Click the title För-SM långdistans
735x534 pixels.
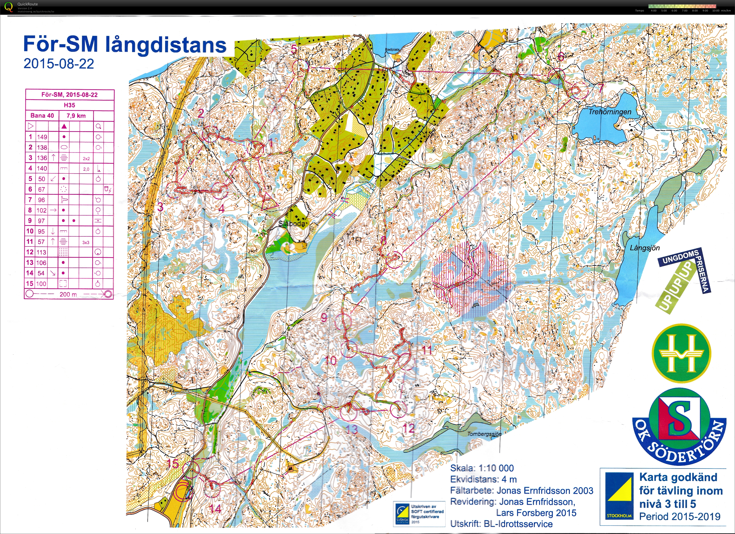pyautogui.click(x=125, y=45)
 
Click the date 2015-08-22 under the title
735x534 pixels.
pyautogui.click(x=59, y=64)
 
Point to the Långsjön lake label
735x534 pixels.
pyautogui.click(x=645, y=248)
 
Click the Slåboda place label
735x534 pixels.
pyautogui.click(x=292, y=223)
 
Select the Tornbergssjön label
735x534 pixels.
pyautogui.click(x=484, y=434)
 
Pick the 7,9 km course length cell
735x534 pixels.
pyautogui.click(x=76, y=116)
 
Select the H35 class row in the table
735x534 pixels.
pyautogui.click(x=69, y=105)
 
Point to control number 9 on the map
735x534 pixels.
pyautogui.click(x=324, y=318)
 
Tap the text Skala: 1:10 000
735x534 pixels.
pyautogui.click(x=482, y=468)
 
